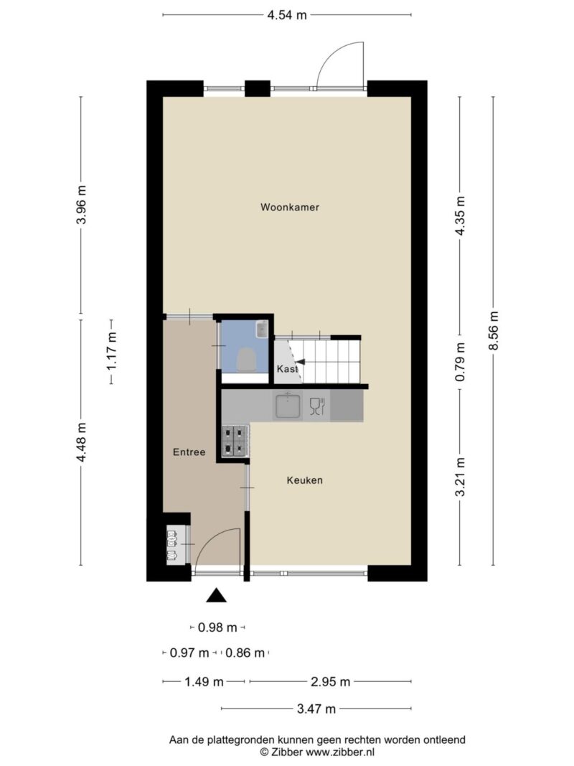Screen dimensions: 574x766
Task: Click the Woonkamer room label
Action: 290,207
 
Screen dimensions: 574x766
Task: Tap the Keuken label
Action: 304,480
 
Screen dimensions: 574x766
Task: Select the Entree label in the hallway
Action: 189,452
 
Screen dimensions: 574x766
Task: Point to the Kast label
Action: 287,369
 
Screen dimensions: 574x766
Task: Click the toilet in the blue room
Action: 247,360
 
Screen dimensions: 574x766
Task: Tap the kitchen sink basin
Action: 288,406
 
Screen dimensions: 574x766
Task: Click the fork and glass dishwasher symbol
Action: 317,406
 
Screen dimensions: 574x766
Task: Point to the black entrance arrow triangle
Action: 216,596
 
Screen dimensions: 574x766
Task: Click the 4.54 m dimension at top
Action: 287,15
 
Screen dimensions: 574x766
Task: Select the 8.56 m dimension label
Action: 494,331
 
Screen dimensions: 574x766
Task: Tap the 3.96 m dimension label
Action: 81,205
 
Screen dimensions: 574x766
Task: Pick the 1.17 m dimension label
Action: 112,352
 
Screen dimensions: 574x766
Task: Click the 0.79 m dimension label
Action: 460,362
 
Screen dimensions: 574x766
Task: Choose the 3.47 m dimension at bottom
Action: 316,709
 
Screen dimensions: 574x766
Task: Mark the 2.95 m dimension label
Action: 331,681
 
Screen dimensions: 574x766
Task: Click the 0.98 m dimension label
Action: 217,627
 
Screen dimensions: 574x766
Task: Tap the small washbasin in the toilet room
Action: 262,328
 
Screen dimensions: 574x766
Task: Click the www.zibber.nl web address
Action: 340,752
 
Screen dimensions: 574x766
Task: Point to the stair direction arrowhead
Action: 301,362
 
